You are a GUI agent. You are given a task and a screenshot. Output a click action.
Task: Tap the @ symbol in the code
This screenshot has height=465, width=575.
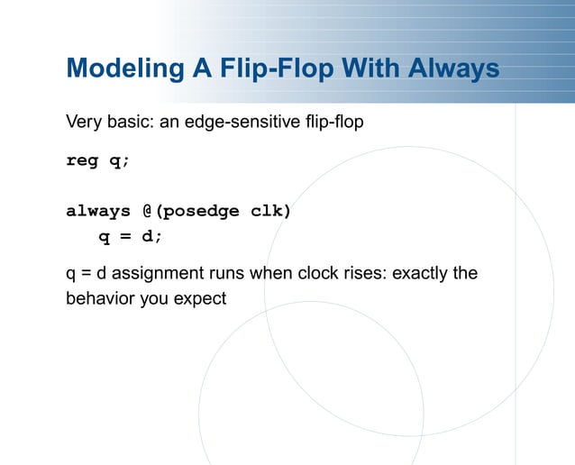coord(148,212)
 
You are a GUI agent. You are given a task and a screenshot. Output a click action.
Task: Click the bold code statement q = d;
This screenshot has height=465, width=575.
coord(131,237)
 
